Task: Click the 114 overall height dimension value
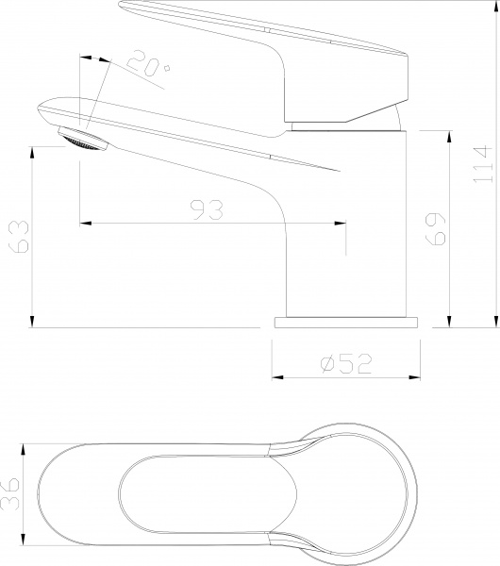[481, 164]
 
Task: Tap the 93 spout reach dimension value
[205, 209]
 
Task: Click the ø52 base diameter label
[344, 362]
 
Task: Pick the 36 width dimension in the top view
[10, 493]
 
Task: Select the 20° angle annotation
[151, 67]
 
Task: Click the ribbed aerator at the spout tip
[82, 140]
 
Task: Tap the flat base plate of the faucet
[345, 322]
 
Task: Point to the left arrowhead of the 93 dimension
[83, 223]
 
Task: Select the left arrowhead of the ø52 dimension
[276, 377]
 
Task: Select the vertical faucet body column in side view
[349, 236]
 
